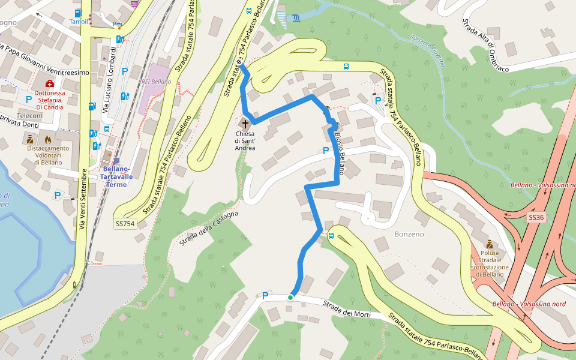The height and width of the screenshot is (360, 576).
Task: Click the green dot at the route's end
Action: click(x=290, y=297)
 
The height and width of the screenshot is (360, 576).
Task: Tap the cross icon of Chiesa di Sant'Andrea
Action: click(x=245, y=122)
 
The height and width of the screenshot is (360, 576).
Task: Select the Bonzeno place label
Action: click(x=409, y=233)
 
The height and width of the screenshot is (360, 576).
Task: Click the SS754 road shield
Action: click(x=126, y=224)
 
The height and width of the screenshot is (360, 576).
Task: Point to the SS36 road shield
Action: click(x=536, y=217)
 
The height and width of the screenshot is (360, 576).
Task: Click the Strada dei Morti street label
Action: click(x=347, y=310)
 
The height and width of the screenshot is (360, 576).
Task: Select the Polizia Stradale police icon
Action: click(x=489, y=244)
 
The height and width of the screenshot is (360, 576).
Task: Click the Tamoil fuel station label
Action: click(x=79, y=22)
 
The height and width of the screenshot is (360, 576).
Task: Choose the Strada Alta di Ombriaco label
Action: click(x=485, y=45)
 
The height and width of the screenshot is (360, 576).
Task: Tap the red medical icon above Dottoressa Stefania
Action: click(x=49, y=83)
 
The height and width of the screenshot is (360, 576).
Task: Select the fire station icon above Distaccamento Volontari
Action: click(x=48, y=139)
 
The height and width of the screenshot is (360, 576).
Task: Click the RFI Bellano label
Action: click(x=155, y=82)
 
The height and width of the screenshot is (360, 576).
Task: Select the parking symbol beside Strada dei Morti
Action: click(x=265, y=295)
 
